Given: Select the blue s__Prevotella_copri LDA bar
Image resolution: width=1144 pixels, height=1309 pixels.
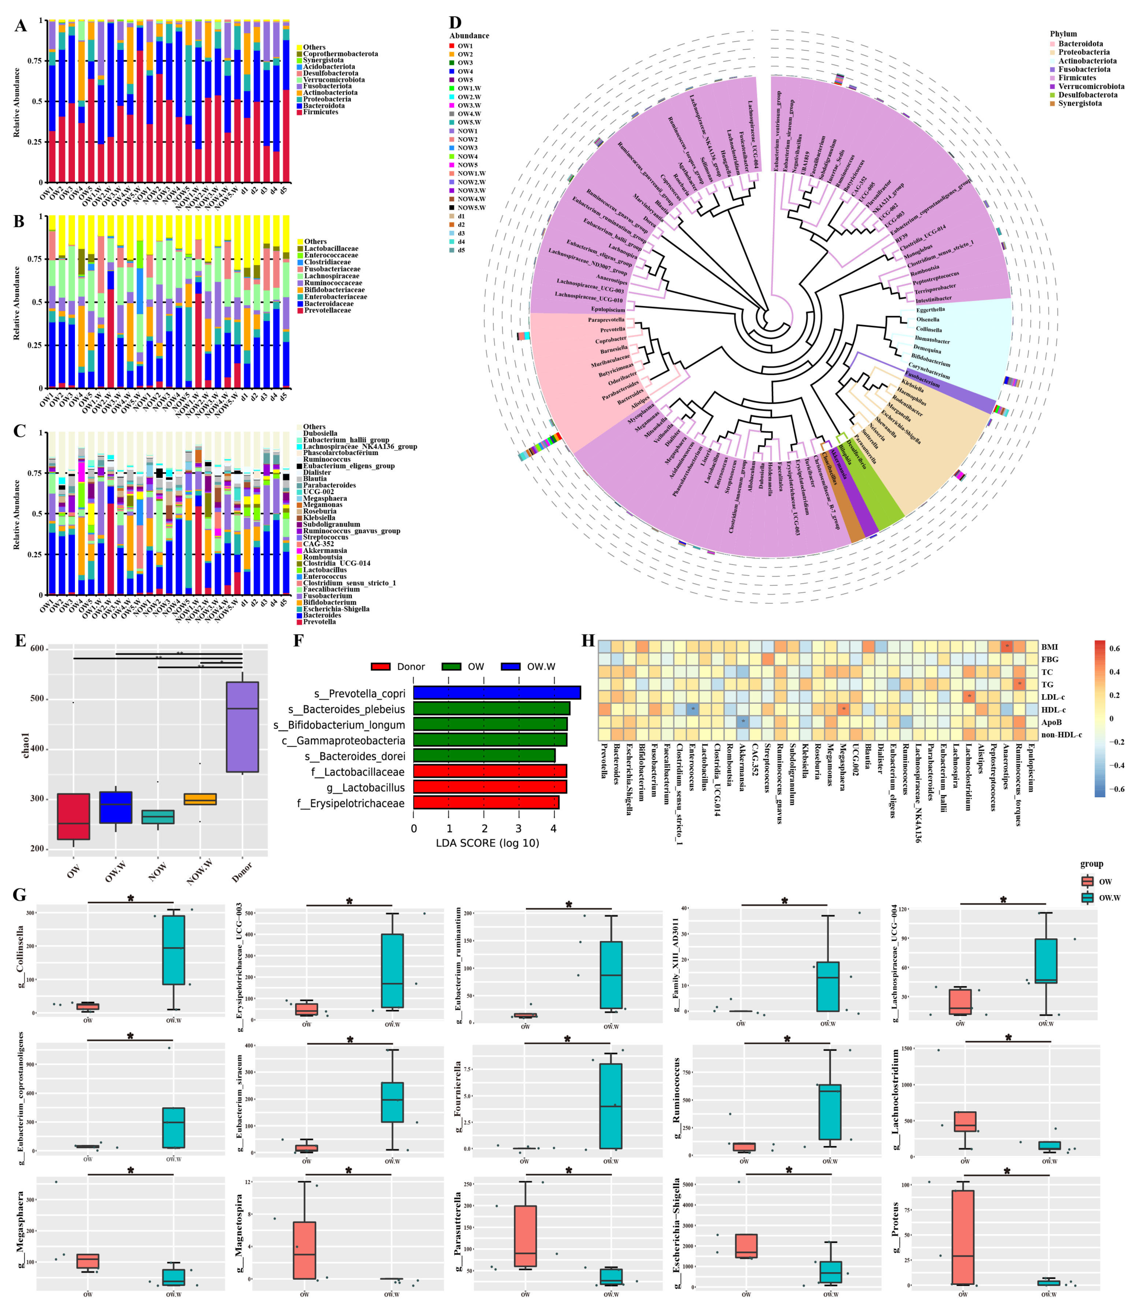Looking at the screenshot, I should pyautogui.click(x=497, y=693).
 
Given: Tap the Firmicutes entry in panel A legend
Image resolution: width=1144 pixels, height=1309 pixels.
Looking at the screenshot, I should pyautogui.click(x=321, y=112).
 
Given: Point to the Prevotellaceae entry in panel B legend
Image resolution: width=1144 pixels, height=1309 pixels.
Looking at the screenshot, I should pyautogui.click(x=327, y=310).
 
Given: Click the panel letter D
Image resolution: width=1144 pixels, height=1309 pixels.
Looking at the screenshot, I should pyautogui.click(x=455, y=24).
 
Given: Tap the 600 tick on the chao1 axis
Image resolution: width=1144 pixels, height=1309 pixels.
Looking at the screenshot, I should pyautogui.click(x=37, y=649).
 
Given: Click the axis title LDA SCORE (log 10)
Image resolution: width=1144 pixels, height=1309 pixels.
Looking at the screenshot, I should pyautogui.click(x=487, y=843).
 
